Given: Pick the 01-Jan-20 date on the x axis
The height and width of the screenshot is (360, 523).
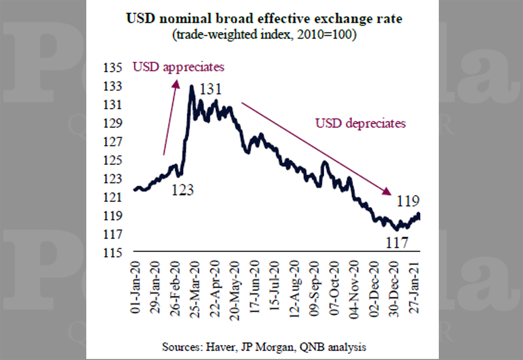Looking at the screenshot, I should click(x=137, y=286).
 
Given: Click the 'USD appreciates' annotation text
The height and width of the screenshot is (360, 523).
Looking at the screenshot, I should click(x=178, y=67).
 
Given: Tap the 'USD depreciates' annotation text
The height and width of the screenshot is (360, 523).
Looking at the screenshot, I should click(x=360, y=124).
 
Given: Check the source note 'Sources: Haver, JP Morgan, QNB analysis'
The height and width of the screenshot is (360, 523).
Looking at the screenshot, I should click(x=264, y=347).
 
